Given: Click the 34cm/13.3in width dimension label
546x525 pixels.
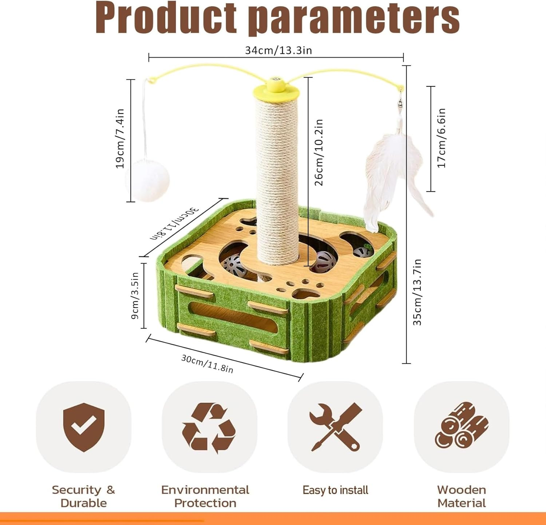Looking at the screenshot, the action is (x=278, y=50).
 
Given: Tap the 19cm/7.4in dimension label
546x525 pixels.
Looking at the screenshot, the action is (x=120, y=138).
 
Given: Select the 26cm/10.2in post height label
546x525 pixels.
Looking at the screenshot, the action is (x=318, y=152).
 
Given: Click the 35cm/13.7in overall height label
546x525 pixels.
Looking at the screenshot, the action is (x=417, y=292).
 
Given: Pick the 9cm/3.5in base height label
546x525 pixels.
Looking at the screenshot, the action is (x=135, y=296).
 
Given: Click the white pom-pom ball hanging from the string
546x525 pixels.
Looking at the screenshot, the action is (x=148, y=181).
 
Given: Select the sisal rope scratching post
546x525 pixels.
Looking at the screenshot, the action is (x=277, y=180).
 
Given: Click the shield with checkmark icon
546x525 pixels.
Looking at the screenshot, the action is (x=84, y=427).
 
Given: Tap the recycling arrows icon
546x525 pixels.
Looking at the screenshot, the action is (x=209, y=427).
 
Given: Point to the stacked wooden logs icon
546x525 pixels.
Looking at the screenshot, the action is (x=462, y=425).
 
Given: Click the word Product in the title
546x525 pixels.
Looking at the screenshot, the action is (x=166, y=17).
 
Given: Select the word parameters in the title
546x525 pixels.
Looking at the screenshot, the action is (x=356, y=19).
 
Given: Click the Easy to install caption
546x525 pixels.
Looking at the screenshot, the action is (x=335, y=490).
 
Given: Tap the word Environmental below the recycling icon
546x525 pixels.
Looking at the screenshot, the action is (x=205, y=490).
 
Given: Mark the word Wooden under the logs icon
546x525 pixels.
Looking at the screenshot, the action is (x=462, y=490).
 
